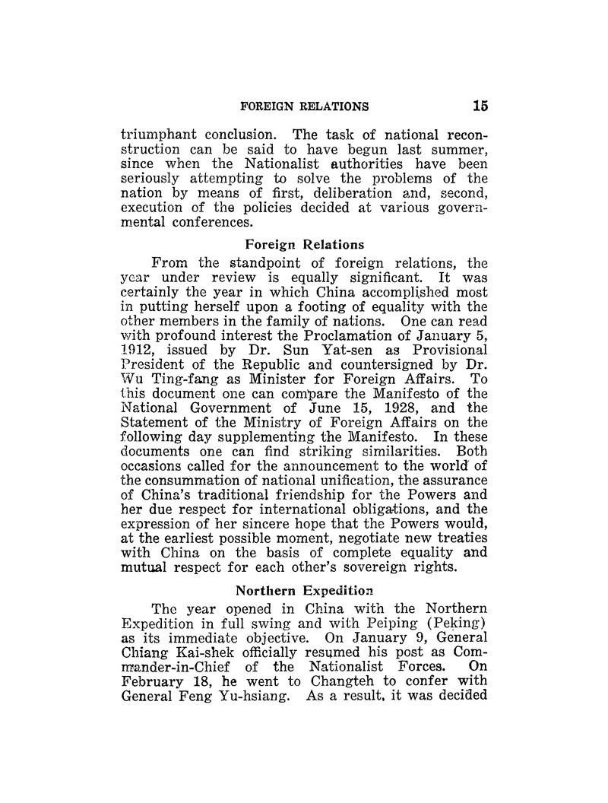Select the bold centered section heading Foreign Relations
(x=294, y=244)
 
